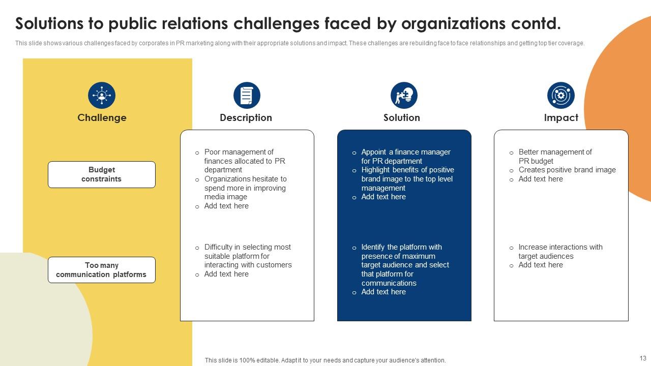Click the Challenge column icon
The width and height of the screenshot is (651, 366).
102,96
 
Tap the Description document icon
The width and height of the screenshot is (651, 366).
247,96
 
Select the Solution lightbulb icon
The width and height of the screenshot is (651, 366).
404,96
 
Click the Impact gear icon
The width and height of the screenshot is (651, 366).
561,96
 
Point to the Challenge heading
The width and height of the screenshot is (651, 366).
102,118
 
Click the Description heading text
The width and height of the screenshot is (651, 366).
246,118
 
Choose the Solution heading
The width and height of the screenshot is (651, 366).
401,118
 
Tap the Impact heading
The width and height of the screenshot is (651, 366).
561,118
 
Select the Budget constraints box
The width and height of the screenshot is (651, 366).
102,174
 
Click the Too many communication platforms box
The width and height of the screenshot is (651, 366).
102,270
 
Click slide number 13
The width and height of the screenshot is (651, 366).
642,358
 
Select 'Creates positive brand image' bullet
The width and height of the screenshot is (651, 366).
567,170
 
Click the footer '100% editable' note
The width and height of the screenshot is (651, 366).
325,360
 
